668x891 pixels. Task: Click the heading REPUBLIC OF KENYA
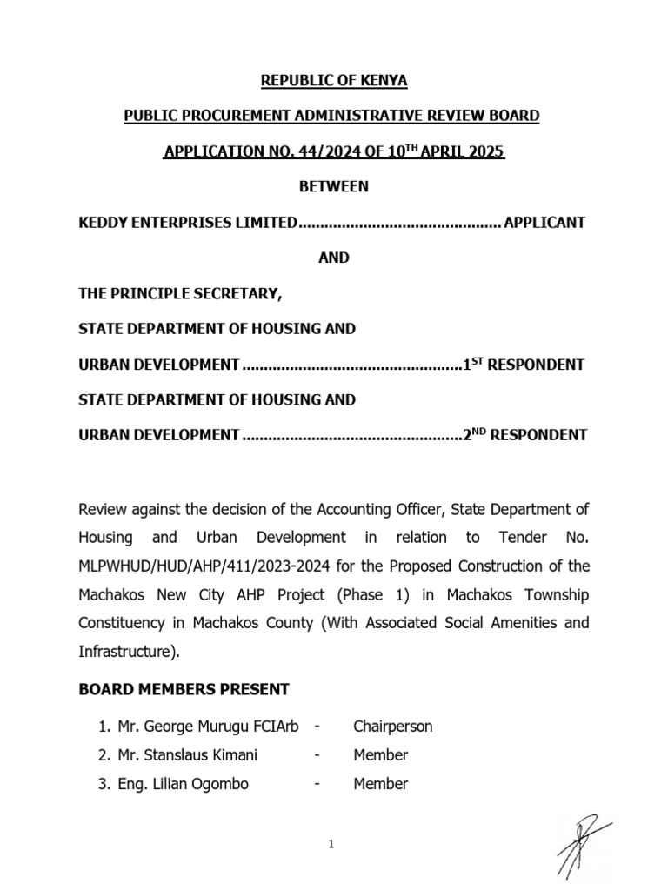334,81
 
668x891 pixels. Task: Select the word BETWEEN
334,186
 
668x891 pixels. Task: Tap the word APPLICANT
544,223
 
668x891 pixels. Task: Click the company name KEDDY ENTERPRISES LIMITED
187,223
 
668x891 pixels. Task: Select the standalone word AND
334,258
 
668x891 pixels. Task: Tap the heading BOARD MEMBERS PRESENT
184,689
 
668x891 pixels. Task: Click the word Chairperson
392,726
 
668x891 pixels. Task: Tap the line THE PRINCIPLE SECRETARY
180,293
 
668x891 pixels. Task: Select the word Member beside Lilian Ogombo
380,784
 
